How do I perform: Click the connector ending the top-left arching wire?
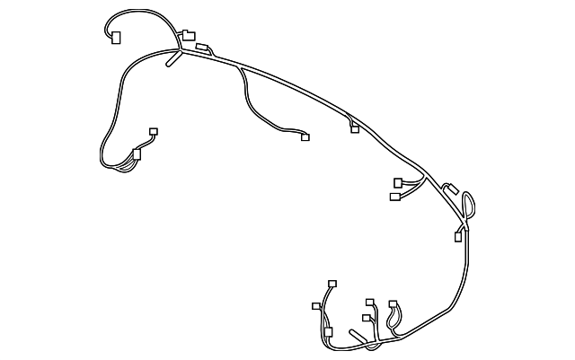click(114, 37)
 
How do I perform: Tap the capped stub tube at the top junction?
click(171, 63)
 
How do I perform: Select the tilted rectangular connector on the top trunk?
click(203, 48)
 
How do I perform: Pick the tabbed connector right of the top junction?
click(188, 36)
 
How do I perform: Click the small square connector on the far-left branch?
click(154, 131)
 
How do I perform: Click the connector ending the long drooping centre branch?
click(305, 137)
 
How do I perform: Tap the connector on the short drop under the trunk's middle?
click(355, 129)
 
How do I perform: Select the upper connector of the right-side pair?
click(399, 182)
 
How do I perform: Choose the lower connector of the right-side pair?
click(394, 196)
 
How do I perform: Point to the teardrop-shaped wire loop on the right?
click(468, 205)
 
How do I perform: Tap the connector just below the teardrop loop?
click(458, 237)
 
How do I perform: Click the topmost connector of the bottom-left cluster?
click(332, 284)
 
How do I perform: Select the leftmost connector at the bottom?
click(315, 307)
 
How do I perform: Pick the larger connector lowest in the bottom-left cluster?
click(328, 332)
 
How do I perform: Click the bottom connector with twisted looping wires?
click(393, 305)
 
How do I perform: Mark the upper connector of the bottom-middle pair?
click(370, 303)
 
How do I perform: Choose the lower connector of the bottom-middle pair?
click(367, 318)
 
